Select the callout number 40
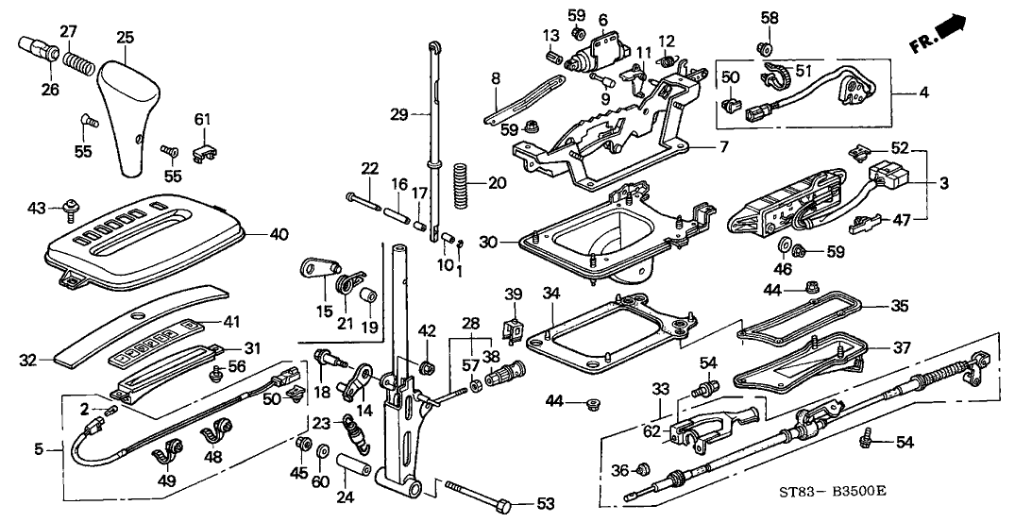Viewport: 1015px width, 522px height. pos(279,233)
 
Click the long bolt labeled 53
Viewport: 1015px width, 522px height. pos(478,499)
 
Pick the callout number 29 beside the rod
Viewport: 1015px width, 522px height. pos(398,115)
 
